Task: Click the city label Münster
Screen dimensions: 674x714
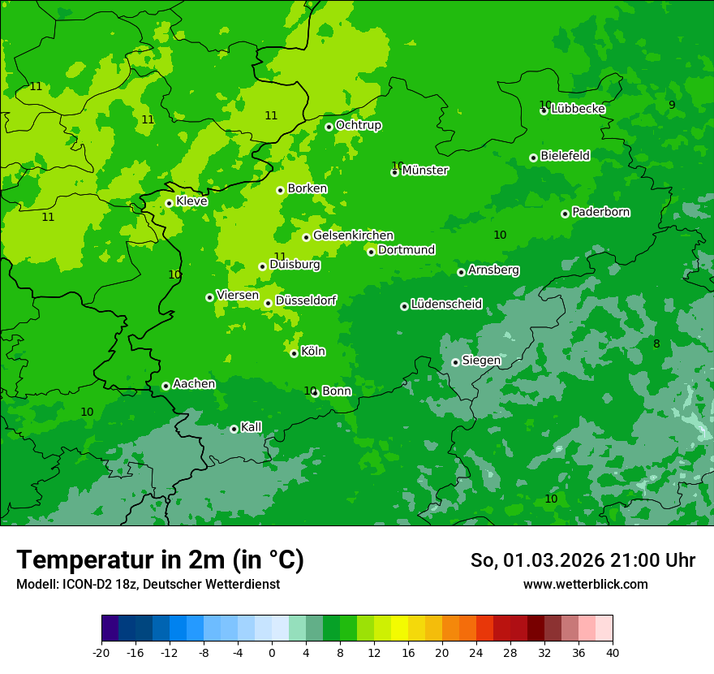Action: click(x=425, y=171)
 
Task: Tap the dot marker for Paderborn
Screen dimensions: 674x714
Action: click(x=565, y=214)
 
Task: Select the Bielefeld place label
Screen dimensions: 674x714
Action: click(x=565, y=155)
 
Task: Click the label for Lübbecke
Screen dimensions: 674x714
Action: click(x=578, y=109)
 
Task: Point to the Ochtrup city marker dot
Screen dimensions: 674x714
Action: click(x=329, y=127)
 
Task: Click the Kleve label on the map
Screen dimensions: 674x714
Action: click(x=191, y=201)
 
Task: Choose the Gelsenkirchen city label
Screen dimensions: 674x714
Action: click(x=353, y=235)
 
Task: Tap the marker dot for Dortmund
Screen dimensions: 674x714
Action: click(x=371, y=252)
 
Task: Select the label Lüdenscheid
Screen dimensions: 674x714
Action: click(x=446, y=305)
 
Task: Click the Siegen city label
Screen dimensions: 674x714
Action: click(x=481, y=361)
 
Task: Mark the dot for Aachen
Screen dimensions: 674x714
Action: click(x=166, y=386)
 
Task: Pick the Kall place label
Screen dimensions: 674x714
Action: click(x=251, y=427)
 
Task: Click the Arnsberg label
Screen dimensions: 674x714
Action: click(x=493, y=270)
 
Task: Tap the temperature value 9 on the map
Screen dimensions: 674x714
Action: click(x=672, y=105)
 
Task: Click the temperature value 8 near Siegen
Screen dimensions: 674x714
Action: click(x=656, y=343)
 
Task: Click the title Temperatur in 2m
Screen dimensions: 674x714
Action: click(x=160, y=560)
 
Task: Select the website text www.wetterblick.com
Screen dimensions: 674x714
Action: click(x=585, y=584)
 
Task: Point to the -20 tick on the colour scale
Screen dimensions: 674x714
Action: click(x=101, y=652)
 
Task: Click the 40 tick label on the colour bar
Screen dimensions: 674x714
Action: click(x=613, y=652)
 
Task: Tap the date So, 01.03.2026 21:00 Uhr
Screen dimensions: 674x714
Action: click(x=583, y=560)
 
